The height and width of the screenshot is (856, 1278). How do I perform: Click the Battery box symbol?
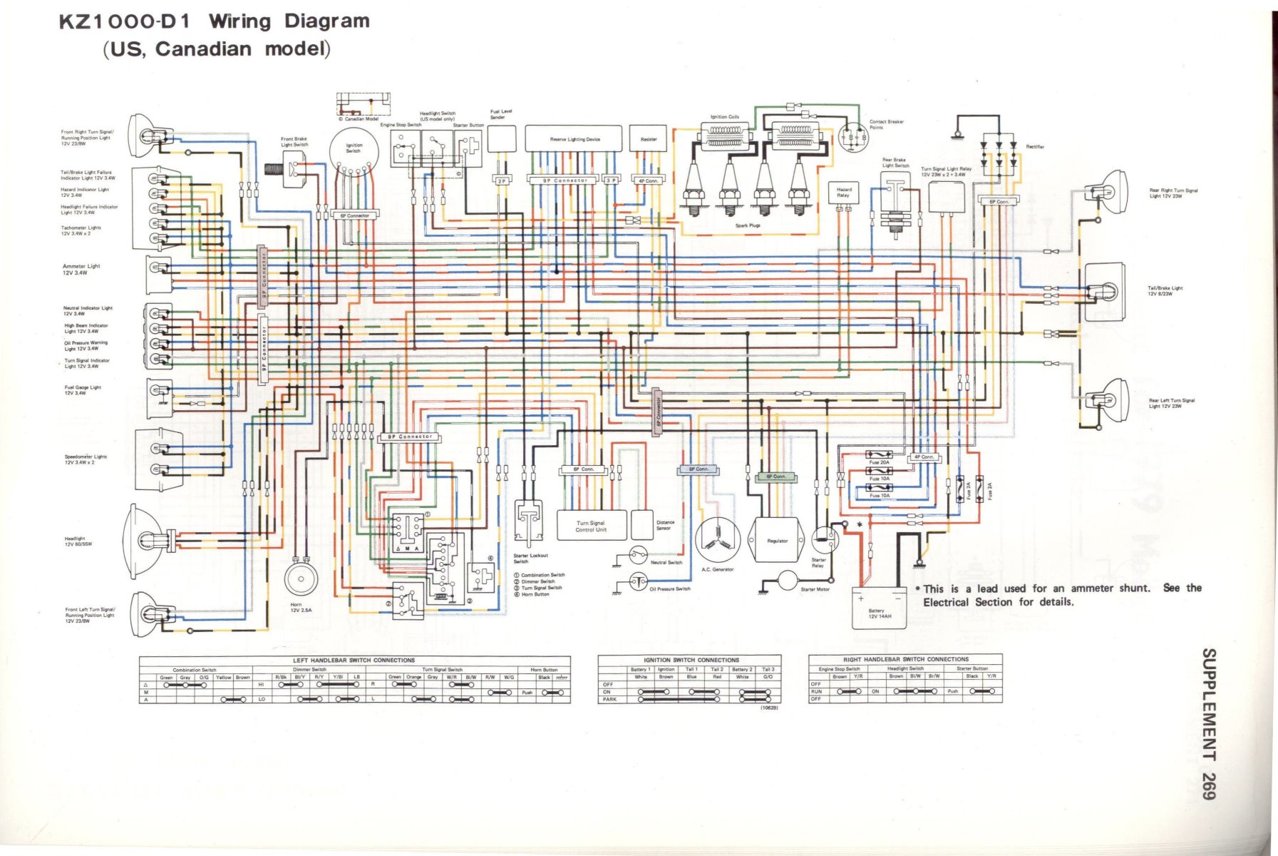point(879,608)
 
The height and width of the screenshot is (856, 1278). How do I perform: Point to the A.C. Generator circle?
point(717,541)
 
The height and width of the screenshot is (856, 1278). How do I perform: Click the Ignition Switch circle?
point(354,150)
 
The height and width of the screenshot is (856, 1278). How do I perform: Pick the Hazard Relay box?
point(842,193)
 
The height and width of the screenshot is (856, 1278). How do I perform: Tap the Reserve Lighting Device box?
point(574,140)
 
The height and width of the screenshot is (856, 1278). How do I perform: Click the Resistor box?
point(648,140)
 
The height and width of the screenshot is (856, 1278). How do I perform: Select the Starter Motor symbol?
point(787,581)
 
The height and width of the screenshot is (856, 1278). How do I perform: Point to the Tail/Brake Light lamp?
point(1105,291)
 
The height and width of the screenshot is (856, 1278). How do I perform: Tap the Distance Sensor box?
point(642,525)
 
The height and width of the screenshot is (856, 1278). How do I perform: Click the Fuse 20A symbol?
point(879,454)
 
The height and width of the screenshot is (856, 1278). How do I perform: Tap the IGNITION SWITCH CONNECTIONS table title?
point(691,660)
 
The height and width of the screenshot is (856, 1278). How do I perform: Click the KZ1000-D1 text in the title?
point(125,21)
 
